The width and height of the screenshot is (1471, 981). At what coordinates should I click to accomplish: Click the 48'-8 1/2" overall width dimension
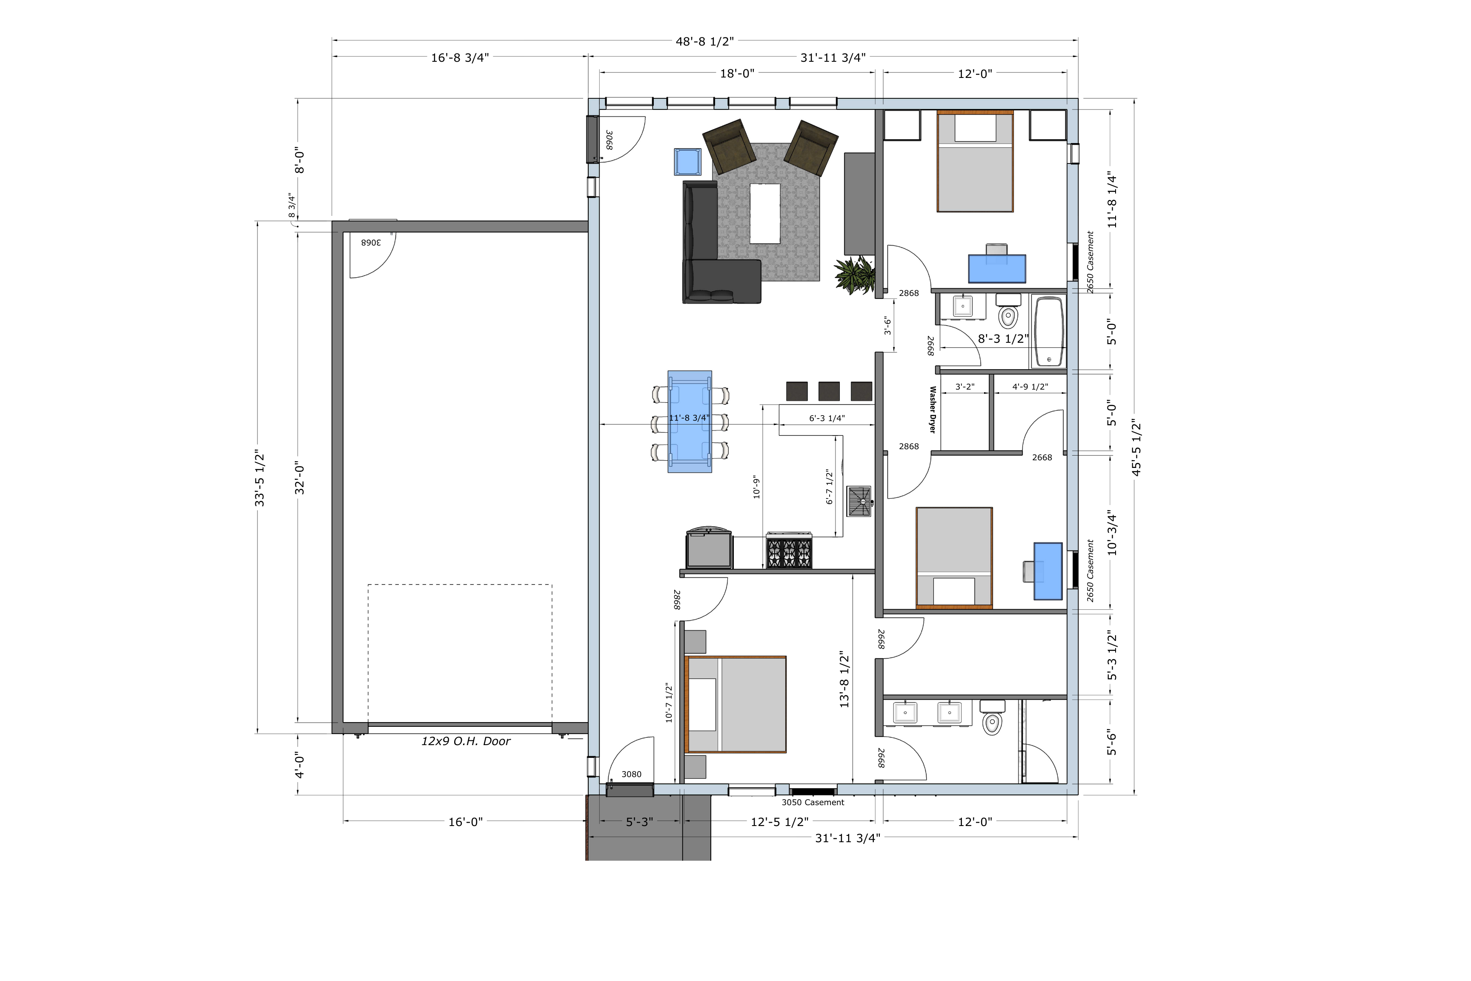pos(704,41)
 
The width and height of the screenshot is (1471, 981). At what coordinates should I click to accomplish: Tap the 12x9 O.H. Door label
pos(466,741)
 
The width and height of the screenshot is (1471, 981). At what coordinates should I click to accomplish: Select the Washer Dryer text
pos(933,410)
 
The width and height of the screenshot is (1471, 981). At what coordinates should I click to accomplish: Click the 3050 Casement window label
pos(813,802)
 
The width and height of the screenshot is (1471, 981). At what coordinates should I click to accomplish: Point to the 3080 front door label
pos(631,774)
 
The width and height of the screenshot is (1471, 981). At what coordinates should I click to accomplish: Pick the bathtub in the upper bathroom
pos(1048,332)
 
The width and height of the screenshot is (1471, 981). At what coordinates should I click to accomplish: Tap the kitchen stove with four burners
pos(789,551)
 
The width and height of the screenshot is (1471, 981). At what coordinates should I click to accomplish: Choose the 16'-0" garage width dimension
pos(465,821)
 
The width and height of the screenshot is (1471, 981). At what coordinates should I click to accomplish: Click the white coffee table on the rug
pos(765,213)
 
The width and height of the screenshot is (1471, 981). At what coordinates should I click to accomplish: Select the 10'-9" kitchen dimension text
pos(756,487)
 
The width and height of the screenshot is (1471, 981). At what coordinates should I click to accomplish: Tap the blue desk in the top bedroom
pos(997,268)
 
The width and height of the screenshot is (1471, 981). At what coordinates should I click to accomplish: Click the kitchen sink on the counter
pos(859,501)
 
